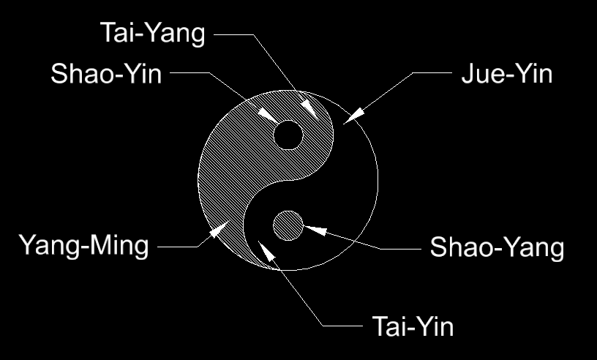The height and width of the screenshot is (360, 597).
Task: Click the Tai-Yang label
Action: (153, 34)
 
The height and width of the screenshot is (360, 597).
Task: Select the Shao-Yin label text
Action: (106, 74)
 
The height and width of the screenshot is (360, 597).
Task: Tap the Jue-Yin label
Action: (506, 74)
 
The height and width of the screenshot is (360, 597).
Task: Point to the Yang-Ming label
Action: (83, 245)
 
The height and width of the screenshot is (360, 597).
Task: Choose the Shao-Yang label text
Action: (497, 247)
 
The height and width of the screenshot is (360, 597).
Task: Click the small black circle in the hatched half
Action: (288, 135)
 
